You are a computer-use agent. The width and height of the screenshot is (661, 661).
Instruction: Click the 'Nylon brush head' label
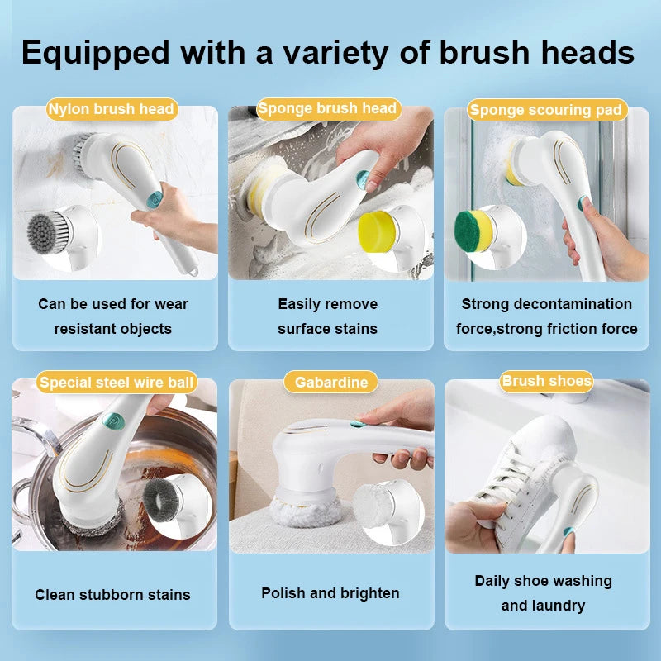[x=112, y=109]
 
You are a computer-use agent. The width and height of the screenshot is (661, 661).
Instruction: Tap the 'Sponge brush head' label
[x=328, y=109]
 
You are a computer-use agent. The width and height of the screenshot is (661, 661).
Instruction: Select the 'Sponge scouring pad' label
[x=547, y=110]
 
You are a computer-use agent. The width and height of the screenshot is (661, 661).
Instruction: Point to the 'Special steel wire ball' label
[x=117, y=383]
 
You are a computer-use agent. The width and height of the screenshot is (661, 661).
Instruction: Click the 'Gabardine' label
[x=331, y=383]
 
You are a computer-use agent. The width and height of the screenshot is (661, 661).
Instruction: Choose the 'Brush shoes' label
[x=547, y=381]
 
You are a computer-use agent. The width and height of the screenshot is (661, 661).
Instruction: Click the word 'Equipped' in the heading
[x=96, y=54]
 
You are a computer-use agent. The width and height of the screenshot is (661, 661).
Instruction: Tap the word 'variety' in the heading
[x=335, y=54]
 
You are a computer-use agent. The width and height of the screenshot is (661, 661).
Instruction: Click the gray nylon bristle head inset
[x=47, y=233]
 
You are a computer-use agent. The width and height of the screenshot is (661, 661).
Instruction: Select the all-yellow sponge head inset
[x=378, y=231]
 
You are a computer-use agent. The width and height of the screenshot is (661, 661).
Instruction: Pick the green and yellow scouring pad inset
[x=473, y=231]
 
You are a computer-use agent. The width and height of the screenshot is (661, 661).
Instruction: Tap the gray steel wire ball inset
[x=161, y=501]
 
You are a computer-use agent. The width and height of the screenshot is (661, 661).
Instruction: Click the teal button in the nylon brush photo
[x=155, y=200]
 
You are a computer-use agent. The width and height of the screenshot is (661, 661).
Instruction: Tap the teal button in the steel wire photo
[x=114, y=421]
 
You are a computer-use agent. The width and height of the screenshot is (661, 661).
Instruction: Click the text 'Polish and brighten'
[x=330, y=593]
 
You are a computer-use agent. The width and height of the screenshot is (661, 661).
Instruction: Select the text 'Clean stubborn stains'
[x=112, y=595]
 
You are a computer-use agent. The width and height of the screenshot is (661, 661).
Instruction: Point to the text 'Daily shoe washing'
[x=544, y=581]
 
